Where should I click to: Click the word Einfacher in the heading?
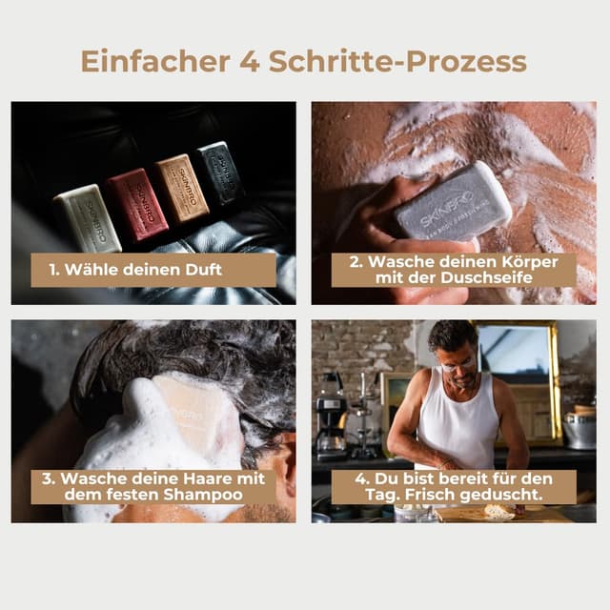click(x=151, y=60)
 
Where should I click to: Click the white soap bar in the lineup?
click(x=86, y=218)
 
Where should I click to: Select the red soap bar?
click(x=136, y=204)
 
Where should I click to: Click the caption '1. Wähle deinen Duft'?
click(x=135, y=270)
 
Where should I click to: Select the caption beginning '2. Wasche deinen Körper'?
click(x=454, y=270)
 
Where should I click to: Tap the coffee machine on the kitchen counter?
click(x=333, y=416)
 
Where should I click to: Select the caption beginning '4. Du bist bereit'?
click(x=454, y=486)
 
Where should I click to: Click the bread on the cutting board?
click(x=498, y=512)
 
